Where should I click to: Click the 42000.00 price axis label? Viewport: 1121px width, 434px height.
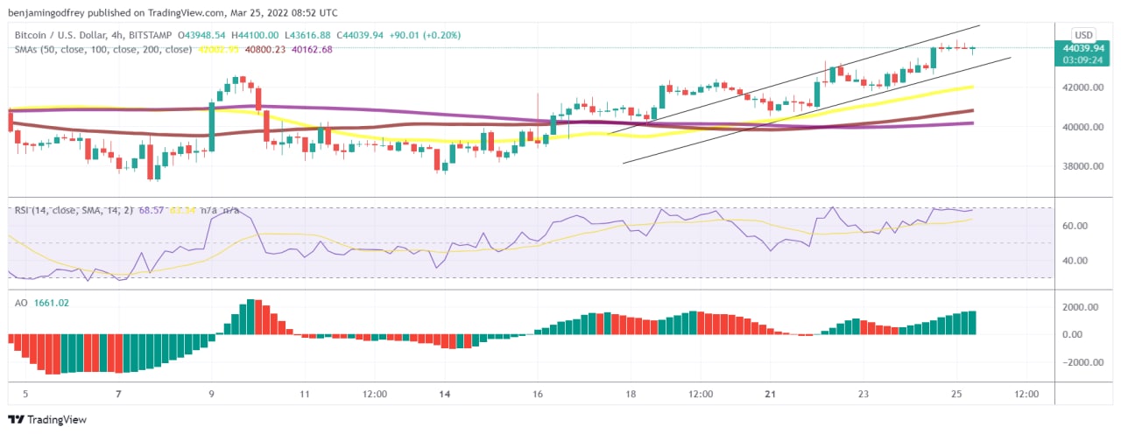click(x=1082, y=87)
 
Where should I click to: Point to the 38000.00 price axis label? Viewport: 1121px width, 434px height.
click(x=1082, y=166)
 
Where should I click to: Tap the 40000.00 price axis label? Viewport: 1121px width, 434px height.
click(x=1082, y=127)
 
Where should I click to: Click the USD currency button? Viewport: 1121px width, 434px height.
click(x=1084, y=34)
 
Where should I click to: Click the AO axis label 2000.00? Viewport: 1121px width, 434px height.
click(x=1080, y=307)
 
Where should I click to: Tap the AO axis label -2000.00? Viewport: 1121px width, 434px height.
click(x=1078, y=362)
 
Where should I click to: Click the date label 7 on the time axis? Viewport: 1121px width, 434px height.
click(x=118, y=395)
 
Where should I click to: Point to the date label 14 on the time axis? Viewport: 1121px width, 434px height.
click(x=445, y=395)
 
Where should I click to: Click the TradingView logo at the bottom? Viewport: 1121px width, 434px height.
click(x=47, y=420)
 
